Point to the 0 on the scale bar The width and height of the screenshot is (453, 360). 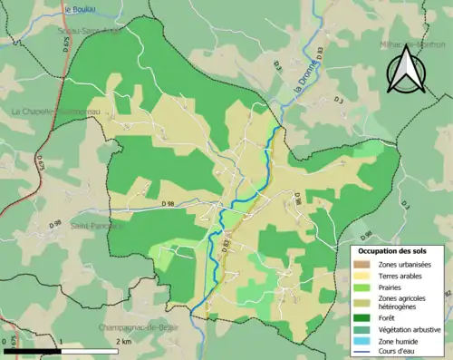pyautogui.click(x=4, y=341)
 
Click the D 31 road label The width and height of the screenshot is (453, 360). pyautogui.click(x=277, y=66)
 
